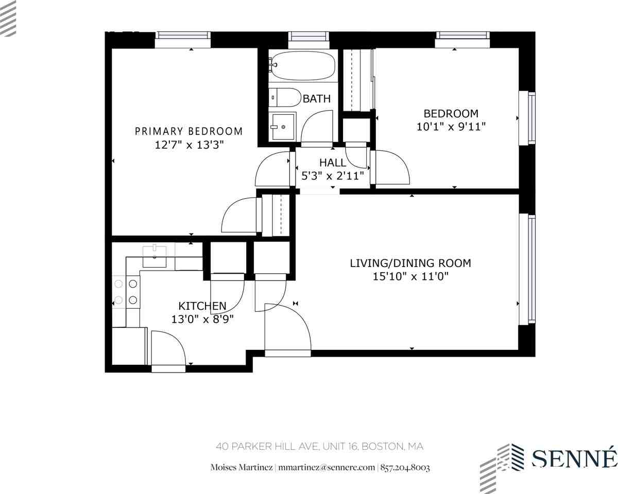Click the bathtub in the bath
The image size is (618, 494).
coord(303,66)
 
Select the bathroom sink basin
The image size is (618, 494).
coord(283,127)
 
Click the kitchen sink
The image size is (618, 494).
coord(154,257)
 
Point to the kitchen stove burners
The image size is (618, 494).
coord(126,292)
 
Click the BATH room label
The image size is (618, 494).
coord(316,99)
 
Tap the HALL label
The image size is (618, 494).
coord(333,163)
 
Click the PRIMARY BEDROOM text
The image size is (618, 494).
coord(188,131)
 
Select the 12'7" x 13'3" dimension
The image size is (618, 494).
coord(189,145)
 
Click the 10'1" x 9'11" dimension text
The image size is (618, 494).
coord(451,127)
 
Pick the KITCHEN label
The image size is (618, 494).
coord(202,306)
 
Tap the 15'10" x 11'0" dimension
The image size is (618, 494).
coord(410,276)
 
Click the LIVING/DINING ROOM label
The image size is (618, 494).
coord(410,263)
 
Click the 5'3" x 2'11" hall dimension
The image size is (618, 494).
coord(333,175)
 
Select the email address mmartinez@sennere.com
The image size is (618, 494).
coord(327,467)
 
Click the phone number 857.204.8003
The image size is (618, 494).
coord(405,467)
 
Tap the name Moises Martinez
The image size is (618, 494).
coord(242,467)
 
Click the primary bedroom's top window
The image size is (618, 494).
coord(183,39)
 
